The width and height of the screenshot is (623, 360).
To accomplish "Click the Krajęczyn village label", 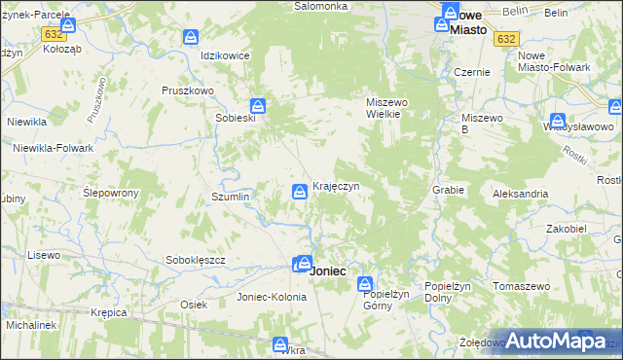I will (337, 186).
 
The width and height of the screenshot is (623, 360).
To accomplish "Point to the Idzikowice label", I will (225, 55).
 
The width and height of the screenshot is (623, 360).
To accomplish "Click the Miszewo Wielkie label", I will (389, 107).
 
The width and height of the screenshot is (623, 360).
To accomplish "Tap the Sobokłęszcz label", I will (196, 261).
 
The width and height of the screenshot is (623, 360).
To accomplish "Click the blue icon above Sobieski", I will (257, 105).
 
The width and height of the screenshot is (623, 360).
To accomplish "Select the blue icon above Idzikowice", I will (191, 38).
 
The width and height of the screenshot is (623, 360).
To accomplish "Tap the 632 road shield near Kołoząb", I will (54, 33).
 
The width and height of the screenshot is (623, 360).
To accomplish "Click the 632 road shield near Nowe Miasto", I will (505, 39).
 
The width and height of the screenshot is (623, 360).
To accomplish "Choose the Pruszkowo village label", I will (182, 90).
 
